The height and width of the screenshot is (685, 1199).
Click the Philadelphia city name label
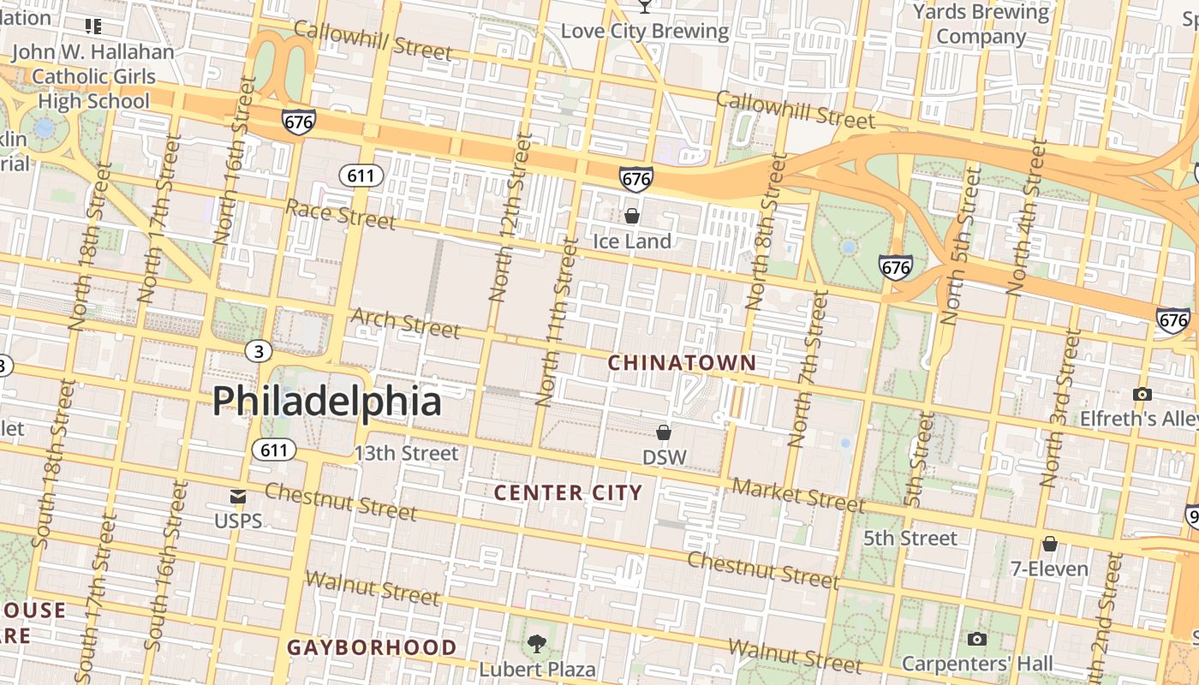pos(326,402)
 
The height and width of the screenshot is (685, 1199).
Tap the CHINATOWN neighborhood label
pos(682,363)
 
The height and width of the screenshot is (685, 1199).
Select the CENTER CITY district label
pos(568,492)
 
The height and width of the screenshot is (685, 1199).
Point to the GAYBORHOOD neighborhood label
pos(372,646)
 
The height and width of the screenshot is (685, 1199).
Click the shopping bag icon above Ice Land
pos(632,216)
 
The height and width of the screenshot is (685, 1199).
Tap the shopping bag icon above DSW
pos(664,432)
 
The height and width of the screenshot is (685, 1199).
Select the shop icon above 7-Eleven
pos(1049,544)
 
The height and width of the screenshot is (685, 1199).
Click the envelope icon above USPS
pos(238,497)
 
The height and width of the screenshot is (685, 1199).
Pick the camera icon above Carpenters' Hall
pos(976,639)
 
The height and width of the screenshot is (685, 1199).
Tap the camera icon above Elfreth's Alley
pos(1142,394)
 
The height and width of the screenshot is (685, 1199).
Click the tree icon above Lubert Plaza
pos(537,643)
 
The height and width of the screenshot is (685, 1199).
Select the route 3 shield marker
pos(258,350)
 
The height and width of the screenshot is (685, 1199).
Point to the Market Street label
pos(798,494)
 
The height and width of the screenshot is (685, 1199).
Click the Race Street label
pos(340,213)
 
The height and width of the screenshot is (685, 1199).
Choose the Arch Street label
pos(405,323)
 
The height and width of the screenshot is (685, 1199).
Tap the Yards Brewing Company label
pos(981,24)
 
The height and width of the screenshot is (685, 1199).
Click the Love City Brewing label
pos(644,32)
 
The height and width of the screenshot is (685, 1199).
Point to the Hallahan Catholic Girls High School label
pos(92,76)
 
